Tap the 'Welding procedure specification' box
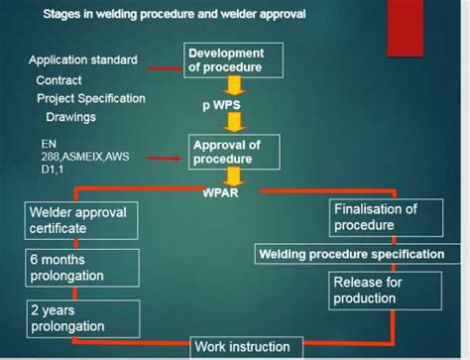(351, 254)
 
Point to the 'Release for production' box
(378, 290)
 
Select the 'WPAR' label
(220, 194)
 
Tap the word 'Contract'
(59, 79)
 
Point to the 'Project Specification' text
(90, 98)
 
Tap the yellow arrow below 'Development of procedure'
(234, 85)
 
